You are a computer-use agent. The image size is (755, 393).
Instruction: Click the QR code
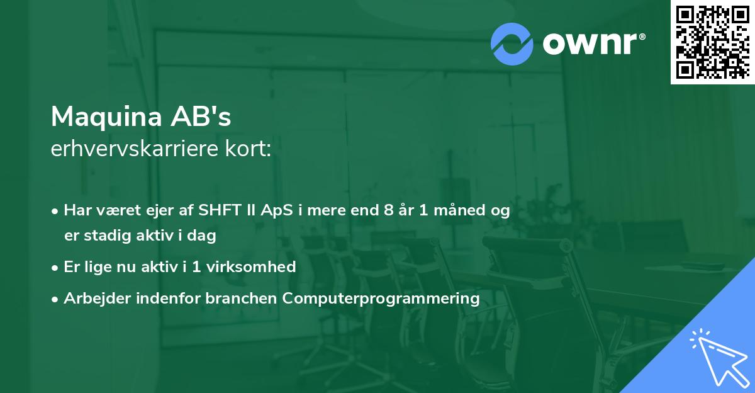tap(712, 42)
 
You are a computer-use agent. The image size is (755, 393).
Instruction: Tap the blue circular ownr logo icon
tap(512, 44)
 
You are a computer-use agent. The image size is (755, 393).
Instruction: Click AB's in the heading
tap(201, 117)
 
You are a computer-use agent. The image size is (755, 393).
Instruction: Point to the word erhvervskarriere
tap(135, 149)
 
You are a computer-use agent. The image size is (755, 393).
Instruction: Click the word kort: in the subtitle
tap(249, 149)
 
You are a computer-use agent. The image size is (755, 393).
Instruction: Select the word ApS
tap(277, 210)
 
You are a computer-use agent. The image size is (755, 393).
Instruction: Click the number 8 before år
tap(389, 210)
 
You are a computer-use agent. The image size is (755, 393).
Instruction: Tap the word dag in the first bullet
tap(201, 236)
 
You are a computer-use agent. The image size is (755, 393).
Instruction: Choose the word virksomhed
tap(251, 267)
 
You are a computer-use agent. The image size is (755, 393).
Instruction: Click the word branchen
tap(241, 298)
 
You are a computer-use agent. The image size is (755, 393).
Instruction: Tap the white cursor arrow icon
tap(720, 358)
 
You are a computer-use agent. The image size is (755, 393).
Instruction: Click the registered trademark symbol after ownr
tap(642, 37)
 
